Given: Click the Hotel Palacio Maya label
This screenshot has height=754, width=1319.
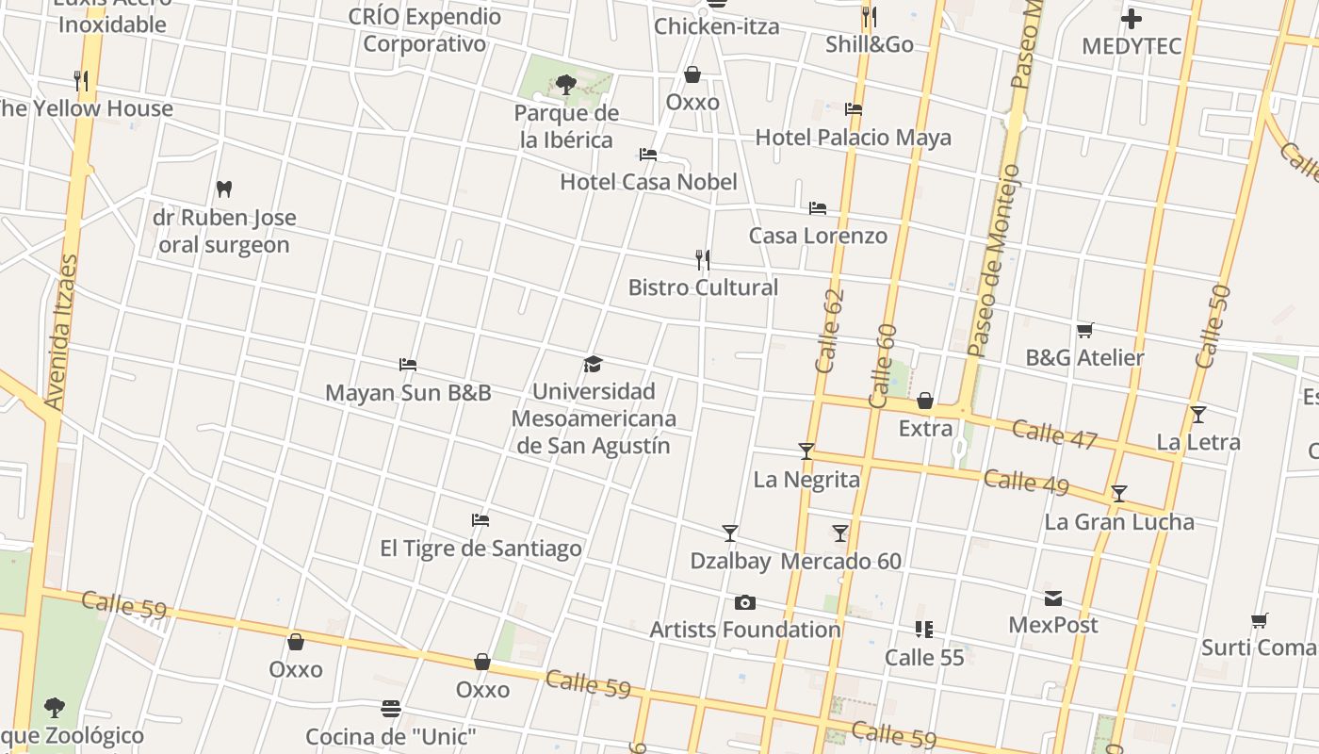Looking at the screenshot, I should (x=853, y=138).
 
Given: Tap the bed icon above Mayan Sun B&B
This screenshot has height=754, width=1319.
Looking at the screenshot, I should (x=408, y=365).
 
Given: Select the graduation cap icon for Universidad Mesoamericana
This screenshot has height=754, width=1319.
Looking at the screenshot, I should (x=593, y=365).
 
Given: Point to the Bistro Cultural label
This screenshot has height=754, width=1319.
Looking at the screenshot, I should (x=703, y=287).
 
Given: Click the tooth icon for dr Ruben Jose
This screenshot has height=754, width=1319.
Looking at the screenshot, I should (x=223, y=189).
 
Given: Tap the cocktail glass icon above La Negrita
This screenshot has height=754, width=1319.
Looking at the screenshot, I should (x=806, y=451).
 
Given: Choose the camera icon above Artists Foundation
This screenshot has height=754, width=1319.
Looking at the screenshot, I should (x=745, y=603).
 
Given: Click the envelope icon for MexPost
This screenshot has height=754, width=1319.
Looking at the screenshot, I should (x=1053, y=598).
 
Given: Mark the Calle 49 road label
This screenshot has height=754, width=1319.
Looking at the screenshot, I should (x=1026, y=482).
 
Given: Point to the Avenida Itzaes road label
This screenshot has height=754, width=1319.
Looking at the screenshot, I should (x=61, y=332).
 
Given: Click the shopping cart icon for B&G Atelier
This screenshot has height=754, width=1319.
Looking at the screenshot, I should (x=1084, y=331).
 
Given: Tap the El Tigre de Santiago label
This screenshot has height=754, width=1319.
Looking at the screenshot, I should (x=480, y=549).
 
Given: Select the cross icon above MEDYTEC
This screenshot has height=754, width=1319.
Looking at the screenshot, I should (x=1132, y=19).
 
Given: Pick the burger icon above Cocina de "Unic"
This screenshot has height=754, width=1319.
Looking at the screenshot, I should (x=391, y=708).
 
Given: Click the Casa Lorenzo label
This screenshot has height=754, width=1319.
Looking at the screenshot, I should (x=818, y=236).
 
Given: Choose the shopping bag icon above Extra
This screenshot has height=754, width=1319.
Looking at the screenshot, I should (x=925, y=402).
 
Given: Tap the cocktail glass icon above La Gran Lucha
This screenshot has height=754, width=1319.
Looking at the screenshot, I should (x=1119, y=494).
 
